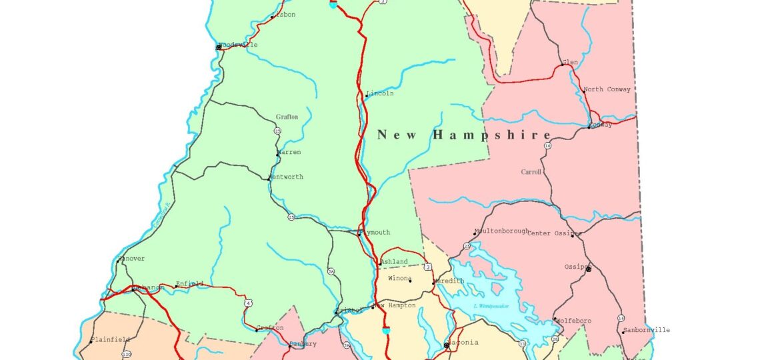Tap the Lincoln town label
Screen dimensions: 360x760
pos(380,93)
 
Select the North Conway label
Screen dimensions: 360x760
pos(607,89)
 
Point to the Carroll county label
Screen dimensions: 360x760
pos(531,172)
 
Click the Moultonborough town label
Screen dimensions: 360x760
pos(502,231)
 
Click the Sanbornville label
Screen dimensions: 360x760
pos(647,330)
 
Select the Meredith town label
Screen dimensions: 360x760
pos(450,281)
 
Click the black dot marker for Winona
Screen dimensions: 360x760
pos(409,281)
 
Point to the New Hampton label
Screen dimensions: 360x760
pos(396,305)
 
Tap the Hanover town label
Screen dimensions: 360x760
pos(131,259)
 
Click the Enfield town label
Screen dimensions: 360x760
pos(189,284)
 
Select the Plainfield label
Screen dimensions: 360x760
pos(112,339)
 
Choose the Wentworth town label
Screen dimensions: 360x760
pos(286,177)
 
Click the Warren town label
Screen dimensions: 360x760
pos(289,152)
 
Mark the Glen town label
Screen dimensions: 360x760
pos(570,62)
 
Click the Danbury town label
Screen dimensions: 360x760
pos(304,344)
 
